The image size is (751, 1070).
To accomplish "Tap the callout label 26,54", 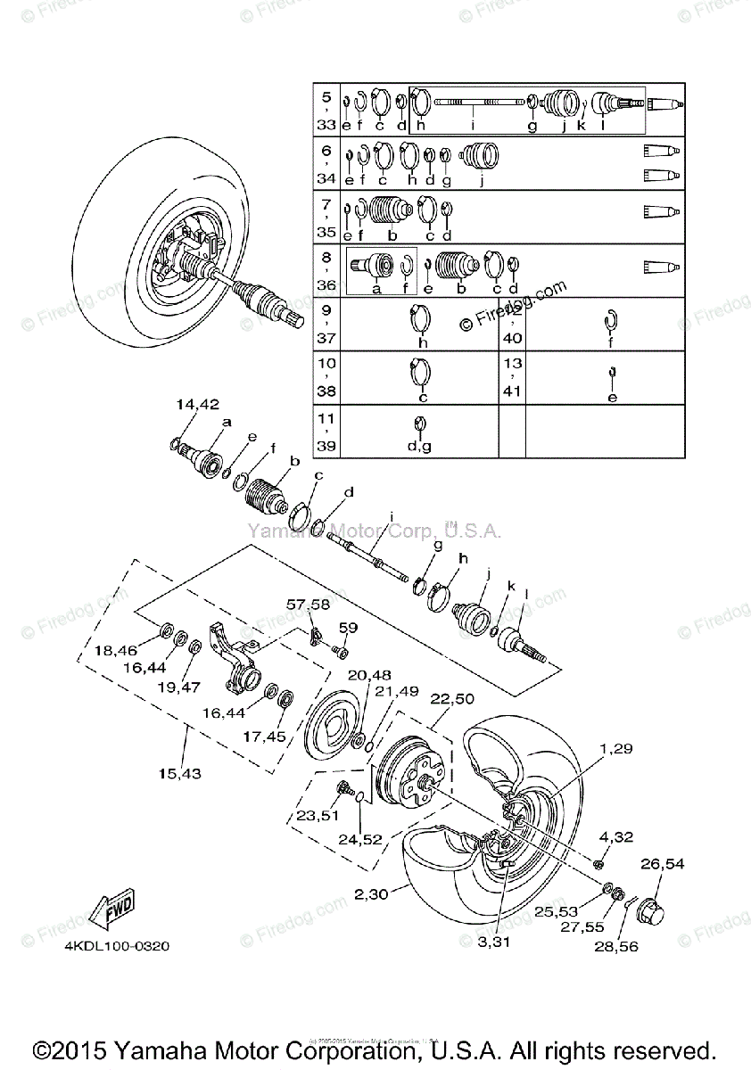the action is coord(663,864).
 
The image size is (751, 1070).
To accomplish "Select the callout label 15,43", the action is coord(181,773).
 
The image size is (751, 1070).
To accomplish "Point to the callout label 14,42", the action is coord(197,404).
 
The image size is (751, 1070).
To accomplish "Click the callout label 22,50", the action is coord(452,698).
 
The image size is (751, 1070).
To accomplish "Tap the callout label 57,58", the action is coord(307,605).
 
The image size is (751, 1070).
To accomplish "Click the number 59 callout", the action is coord(347,627).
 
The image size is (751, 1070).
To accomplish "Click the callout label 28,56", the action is coord(616,947).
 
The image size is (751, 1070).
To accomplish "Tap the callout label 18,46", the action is coord(117,652).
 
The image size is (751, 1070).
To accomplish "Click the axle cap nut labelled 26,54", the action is coord(659,912).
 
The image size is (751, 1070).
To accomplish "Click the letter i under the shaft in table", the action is coord(472,127).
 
